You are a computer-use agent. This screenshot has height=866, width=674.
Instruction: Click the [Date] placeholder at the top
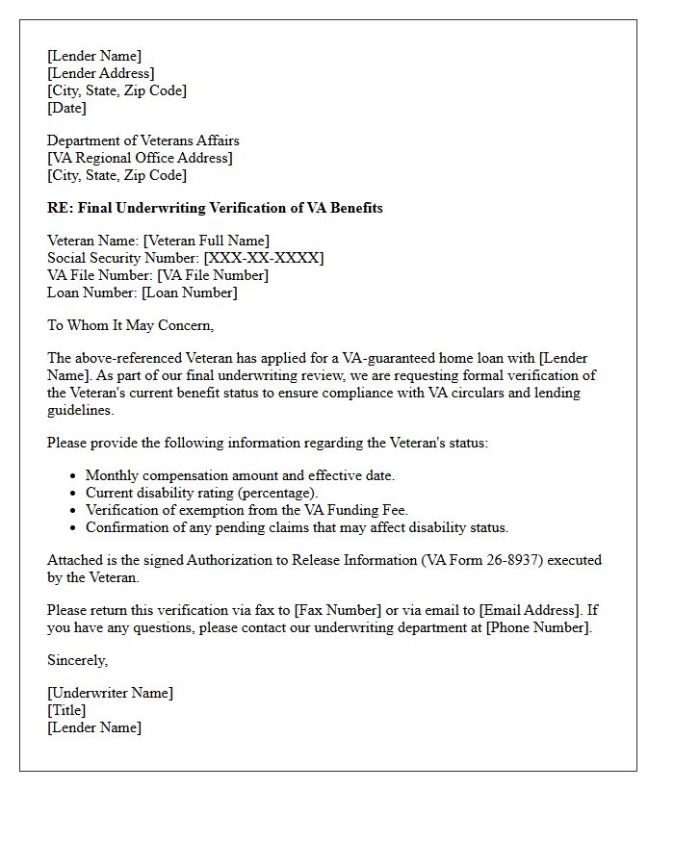(66, 108)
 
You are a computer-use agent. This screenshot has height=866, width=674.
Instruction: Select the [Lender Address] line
(100, 73)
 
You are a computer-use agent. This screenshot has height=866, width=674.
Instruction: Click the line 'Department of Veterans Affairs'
(143, 140)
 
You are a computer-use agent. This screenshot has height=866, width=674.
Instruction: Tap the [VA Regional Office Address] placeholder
(140, 158)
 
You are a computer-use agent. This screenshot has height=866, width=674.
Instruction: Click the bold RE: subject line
(215, 208)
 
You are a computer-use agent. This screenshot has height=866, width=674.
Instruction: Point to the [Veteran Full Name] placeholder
(206, 241)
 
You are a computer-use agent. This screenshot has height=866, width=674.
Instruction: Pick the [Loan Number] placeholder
(189, 293)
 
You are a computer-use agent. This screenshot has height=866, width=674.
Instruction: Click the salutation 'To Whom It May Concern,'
(130, 325)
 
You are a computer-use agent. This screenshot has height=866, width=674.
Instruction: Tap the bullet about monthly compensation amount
(240, 475)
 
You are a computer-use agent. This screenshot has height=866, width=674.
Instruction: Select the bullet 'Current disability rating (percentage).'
(201, 493)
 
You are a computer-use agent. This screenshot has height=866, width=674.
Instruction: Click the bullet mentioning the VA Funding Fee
(246, 510)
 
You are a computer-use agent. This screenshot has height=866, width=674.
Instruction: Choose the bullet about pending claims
(297, 527)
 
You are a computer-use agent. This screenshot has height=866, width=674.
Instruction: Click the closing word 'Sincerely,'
(78, 660)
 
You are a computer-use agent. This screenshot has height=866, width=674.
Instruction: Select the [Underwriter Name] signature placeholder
(110, 693)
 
